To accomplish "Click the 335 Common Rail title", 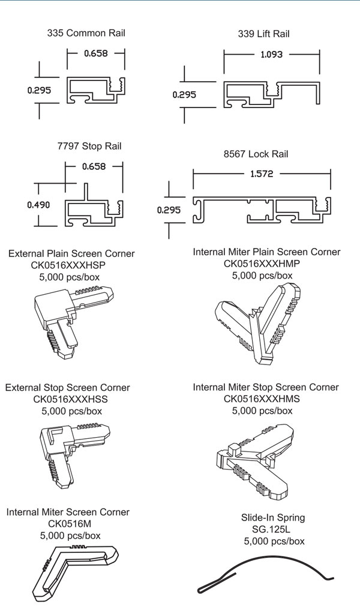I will click(x=86, y=33).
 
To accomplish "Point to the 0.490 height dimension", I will click(x=39, y=205).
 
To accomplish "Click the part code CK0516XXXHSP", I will click(x=71, y=265).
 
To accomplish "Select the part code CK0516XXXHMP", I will click(x=262, y=264).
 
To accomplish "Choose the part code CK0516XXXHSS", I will click(x=67, y=399).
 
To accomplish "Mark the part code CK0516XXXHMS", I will click(x=262, y=399).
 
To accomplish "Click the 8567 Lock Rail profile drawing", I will click(x=262, y=210).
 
